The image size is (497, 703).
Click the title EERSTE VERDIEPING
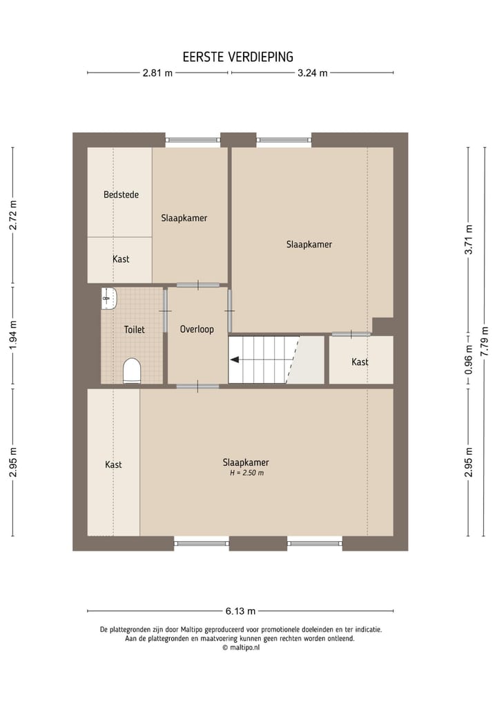pos(238,57)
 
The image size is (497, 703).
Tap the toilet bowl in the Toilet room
pos(132,371)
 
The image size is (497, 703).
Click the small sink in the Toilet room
pos(109,298)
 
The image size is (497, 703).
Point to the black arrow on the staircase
pos(235,359)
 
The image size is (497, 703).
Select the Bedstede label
pos(121,195)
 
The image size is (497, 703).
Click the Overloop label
pos(197,330)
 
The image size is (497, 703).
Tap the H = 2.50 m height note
pos(246,474)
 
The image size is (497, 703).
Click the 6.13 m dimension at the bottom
pos(241,611)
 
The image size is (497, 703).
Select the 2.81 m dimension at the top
pos(157,73)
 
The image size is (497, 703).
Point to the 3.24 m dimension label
pos(312,73)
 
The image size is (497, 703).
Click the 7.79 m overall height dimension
pos(485,341)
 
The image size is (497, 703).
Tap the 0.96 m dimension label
pos(469,359)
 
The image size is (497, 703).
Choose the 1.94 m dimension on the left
pos(12,335)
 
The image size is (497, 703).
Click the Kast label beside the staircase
pos(360,362)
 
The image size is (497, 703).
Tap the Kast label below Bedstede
pos(121,259)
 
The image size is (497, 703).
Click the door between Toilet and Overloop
pos(166,311)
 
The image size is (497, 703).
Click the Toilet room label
pos(134,330)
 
